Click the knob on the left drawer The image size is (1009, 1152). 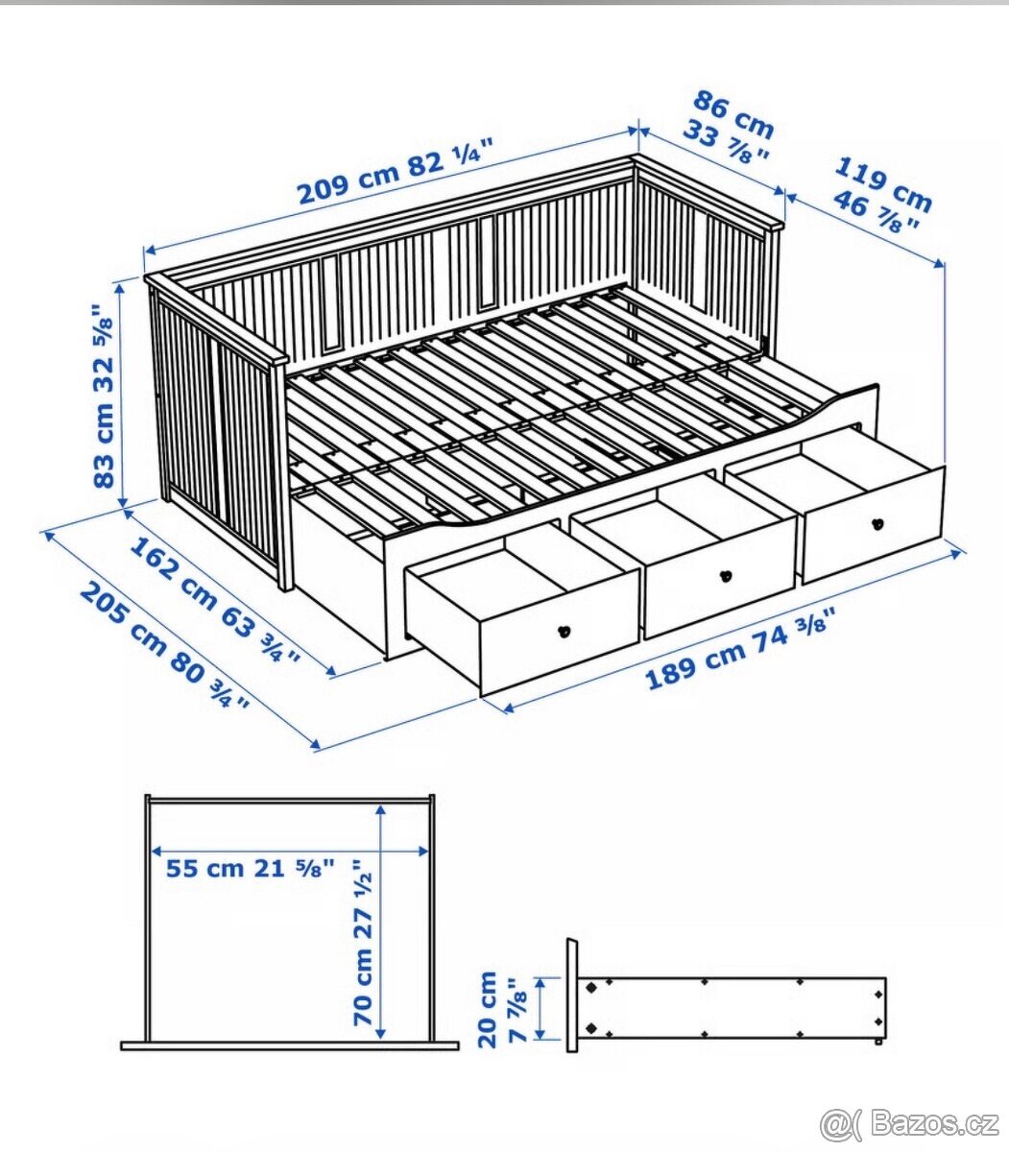564,631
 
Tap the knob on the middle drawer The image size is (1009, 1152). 726,576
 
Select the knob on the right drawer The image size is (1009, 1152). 876,523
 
